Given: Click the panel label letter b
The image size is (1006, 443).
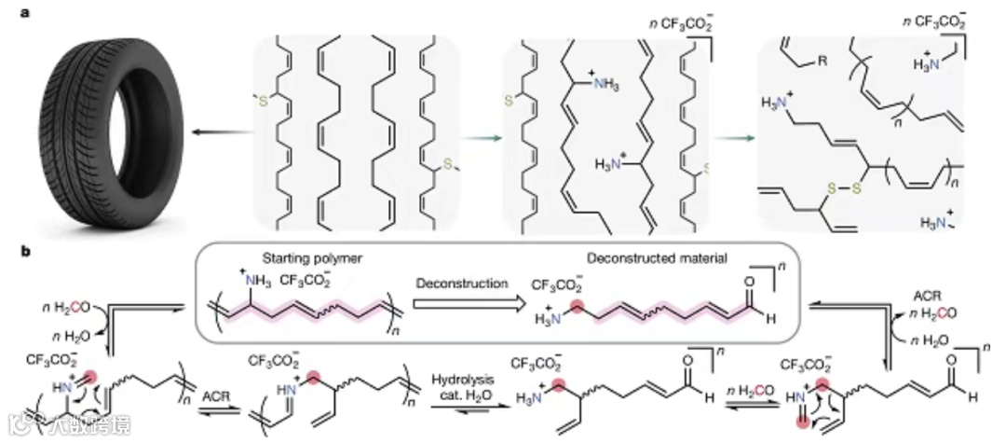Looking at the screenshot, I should pos(12,252).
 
